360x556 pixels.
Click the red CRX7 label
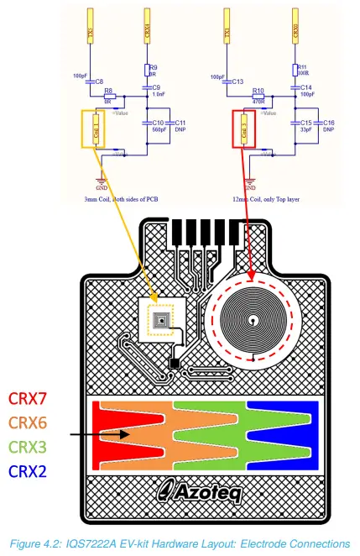tap(33, 398)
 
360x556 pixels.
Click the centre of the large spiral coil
tap(250, 320)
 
